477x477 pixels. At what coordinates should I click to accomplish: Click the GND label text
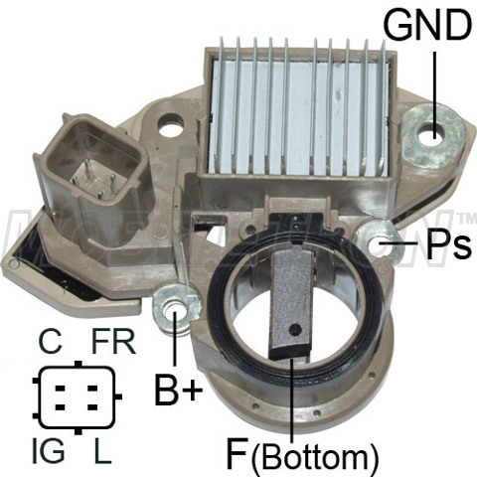tap(427, 26)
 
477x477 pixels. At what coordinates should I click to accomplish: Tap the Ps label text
tap(449, 244)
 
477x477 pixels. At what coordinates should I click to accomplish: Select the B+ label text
tap(179, 390)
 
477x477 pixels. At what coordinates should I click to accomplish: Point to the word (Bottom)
tap(314, 457)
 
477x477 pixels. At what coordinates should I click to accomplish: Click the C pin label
tap(51, 341)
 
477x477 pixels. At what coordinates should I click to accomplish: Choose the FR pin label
tap(113, 341)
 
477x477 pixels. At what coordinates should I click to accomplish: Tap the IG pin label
tap(49, 451)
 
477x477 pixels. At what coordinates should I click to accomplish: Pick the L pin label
tap(102, 451)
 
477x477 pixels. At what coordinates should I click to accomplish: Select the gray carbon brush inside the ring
tap(291, 304)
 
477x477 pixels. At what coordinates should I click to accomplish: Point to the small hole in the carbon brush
tap(294, 329)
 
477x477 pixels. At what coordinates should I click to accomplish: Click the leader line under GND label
tap(434, 94)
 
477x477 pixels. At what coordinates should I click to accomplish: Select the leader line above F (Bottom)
tap(291, 399)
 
